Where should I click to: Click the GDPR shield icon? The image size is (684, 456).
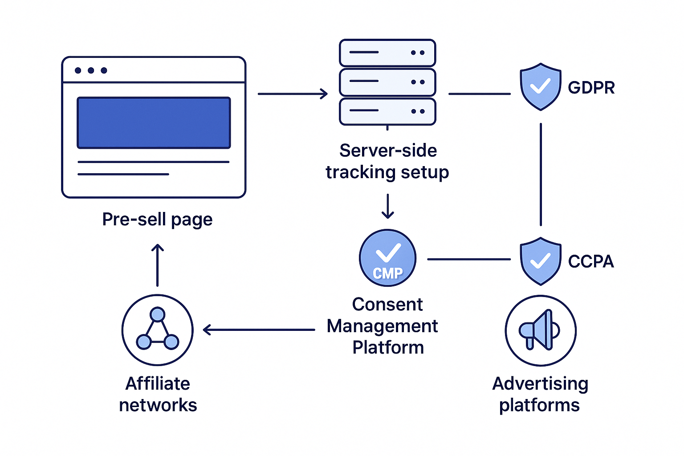click(x=540, y=87)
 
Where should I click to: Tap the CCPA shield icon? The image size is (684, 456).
click(x=540, y=261)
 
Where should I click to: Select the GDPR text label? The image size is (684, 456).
click(x=591, y=88)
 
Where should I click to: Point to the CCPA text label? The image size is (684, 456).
click(x=591, y=261)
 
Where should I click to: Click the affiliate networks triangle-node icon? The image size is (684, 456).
click(x=157, y=330)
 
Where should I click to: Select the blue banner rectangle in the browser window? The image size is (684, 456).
click(x=154, y=123)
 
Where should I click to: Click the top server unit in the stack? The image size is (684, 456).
click(x=387, y=53)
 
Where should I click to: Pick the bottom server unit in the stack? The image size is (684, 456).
click(x=387, y=111)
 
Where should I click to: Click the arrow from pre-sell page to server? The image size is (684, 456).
click(x=293, y=94)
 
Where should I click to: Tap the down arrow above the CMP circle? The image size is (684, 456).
click(x=388, y=206)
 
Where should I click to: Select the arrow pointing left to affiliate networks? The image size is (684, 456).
click(x=259, y=330)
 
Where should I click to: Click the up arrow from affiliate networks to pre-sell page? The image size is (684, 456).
click(x=157, y=265)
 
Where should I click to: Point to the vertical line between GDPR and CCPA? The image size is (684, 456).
click(x=541, y=175)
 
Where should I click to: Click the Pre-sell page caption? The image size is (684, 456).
click(x=157, y=220)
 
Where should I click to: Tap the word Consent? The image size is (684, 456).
click(x=387, y=305)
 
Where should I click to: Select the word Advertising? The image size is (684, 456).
click(x=540, y=384)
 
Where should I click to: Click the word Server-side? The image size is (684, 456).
click(x=388, y=151)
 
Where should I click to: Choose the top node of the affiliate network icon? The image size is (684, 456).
click(x=157, y=314)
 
